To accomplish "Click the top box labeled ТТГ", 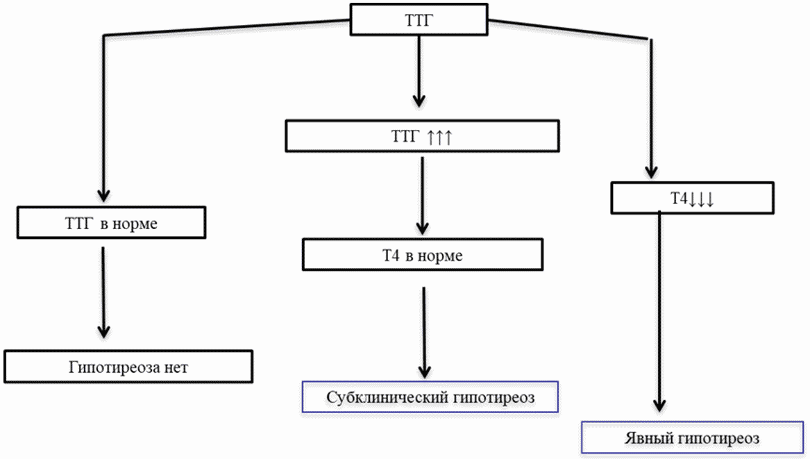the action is pos(419,19).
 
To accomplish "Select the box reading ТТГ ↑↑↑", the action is pos(422,136).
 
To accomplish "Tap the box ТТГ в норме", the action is pos(111,223).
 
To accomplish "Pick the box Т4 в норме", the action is pos(423,254).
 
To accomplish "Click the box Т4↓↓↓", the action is pos(692,198).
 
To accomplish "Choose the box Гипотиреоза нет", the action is pos(128,367).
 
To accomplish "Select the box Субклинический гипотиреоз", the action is pos(430,397).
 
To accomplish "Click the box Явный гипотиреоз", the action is pos(692,437).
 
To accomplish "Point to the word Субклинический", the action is pos(387,397).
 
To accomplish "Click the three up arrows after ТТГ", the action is pos(439,137).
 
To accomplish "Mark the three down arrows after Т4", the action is pos(701,199).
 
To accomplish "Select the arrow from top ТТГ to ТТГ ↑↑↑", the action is pos(419,72).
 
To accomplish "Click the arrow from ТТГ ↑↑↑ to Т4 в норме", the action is pos(423,195).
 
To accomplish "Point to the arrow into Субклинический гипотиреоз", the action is pos(424,333).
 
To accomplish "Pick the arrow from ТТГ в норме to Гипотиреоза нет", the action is pos(103,292).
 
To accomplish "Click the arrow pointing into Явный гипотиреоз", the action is pos(659,311).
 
